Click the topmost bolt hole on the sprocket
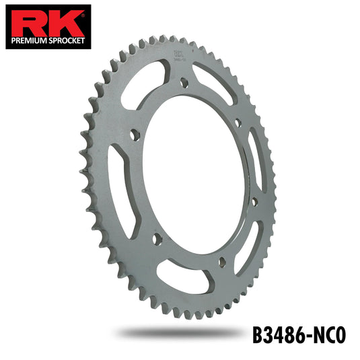(x=184, y=82)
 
